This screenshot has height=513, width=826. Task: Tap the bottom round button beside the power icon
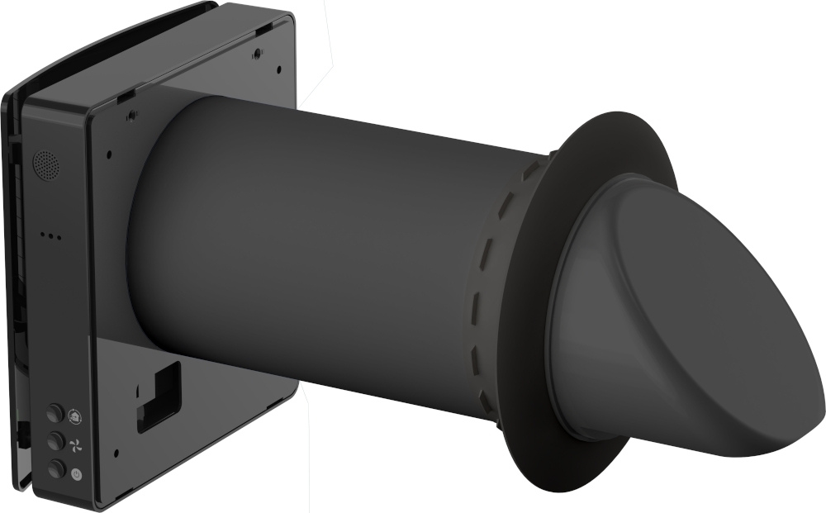tap(56, 468)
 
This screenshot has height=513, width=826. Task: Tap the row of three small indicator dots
tap(50, 235)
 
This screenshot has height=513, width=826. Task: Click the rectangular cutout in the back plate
tap(159, 395)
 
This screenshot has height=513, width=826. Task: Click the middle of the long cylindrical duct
tap(330, 248)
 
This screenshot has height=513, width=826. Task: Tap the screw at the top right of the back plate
tap(258, 53)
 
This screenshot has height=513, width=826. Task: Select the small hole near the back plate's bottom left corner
tap(115, 453)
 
